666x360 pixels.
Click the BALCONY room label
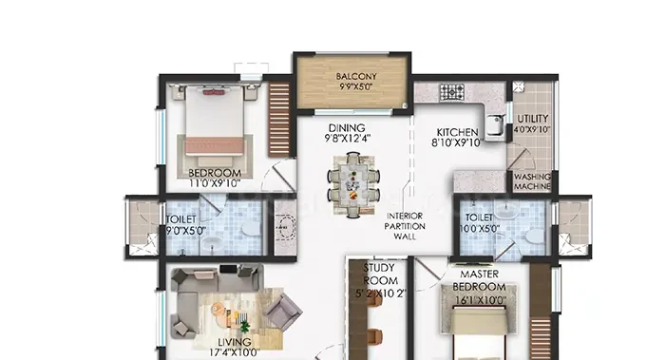356,77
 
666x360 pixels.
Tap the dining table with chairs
353,185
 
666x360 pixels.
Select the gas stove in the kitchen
451,92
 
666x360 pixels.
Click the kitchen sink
495,126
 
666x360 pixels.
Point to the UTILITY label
533,119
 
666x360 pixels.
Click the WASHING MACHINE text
533,181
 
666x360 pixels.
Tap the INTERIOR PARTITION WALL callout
405,226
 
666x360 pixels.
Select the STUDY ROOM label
380,275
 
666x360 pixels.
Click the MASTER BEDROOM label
479,280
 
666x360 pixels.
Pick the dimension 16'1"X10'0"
481,300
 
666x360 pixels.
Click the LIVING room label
235,342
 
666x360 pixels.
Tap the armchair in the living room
282,312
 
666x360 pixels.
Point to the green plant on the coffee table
245,327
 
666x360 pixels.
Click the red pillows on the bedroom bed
214,92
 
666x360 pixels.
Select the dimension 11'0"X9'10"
215,184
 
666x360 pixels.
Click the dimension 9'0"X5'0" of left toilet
185,231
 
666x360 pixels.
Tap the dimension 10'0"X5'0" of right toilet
480,228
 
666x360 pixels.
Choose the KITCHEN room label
457,132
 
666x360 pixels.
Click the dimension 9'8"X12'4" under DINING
348,139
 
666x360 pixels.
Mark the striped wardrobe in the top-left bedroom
278,120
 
